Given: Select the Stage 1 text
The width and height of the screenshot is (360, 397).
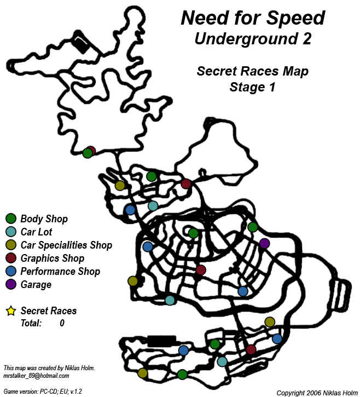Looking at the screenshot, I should (252, 87).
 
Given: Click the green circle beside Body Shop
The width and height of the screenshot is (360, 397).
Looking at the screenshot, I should (10, 219).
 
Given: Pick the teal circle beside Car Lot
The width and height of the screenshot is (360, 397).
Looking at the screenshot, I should (10, 232).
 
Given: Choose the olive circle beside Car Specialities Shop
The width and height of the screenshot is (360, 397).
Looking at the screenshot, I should (10, 245).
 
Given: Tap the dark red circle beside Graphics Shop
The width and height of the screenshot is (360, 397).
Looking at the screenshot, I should (10, 258).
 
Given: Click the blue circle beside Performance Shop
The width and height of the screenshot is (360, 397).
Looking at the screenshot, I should (10, 272).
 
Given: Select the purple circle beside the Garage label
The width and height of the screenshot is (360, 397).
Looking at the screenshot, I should (10, 285).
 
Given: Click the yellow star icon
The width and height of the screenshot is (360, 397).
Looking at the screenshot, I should (10, 311).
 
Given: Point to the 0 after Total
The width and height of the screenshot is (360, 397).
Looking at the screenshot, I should (62, 324).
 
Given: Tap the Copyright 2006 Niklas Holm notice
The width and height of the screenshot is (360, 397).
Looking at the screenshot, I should (316, 393).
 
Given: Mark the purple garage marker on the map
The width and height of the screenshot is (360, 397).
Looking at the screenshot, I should (264, 243).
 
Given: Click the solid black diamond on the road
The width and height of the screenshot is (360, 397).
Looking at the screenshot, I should (82, 45).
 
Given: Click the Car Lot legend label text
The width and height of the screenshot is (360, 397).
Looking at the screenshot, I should (37, 232).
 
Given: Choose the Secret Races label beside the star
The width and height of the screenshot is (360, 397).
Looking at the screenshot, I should (49, 311).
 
